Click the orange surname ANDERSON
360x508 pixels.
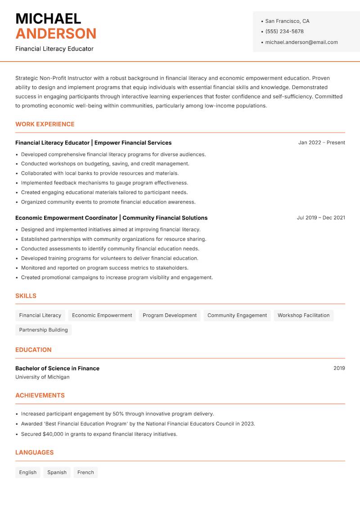tap(56, 34)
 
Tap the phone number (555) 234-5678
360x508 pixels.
tap(284, 31)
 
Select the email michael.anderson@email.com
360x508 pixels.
tap(301, 42)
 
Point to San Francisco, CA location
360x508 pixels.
tap(287, 21)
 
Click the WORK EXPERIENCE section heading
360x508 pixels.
tap(45, 124)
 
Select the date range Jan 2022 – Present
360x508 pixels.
tap(321, 143)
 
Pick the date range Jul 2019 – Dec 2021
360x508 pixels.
tap(321, 218)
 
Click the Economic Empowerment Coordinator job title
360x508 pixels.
tap(66, 218)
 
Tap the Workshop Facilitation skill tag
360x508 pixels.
tap(303, 315)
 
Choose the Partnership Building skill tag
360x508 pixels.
tap(43, 330)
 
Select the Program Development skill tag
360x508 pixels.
tap(170, 315)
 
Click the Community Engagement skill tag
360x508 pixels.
tap(237, 315)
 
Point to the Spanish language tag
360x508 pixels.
tap(57, 472)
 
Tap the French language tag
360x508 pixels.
tap(85, 472)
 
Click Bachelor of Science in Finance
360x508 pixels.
tap(57, 368)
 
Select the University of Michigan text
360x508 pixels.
tap(42, 377)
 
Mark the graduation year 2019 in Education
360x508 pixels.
tap(339, 368)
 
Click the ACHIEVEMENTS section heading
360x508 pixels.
tap(40, 395)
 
